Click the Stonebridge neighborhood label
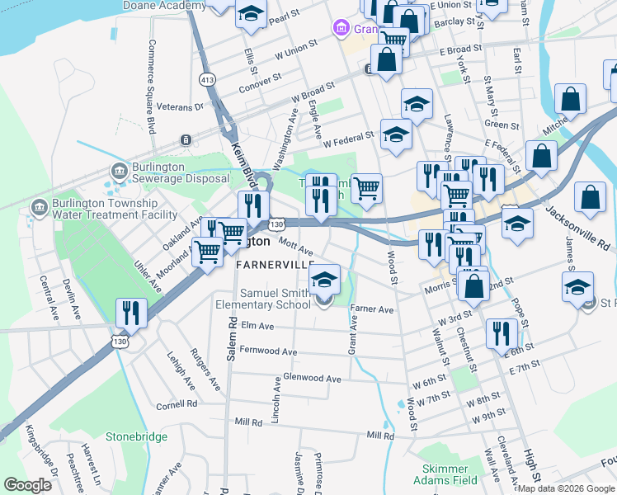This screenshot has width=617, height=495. [x=136, y=436]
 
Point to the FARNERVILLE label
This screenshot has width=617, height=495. [x=275, y=264]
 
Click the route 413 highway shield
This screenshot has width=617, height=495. [x=206, y=78]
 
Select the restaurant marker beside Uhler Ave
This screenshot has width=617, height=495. [x=132, y=313]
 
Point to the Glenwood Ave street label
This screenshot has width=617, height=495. [x=311, y=379]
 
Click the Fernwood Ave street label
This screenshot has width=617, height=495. [x=266, y=352]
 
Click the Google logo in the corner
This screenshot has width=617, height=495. [x=27, y=485]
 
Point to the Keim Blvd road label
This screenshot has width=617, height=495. [x=243, y=156]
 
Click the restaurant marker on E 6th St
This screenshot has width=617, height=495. [x=502, y=333]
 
